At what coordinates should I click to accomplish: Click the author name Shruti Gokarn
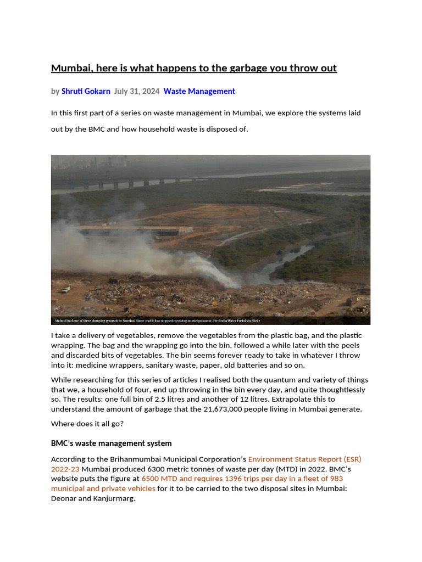tap(86, 91)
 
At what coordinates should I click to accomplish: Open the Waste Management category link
tap(199, 91)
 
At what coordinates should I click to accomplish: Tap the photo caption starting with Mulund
tap(157, 321)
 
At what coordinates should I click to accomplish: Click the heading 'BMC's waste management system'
tap(111, 443)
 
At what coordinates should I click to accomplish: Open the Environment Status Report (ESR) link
tap(304, 459)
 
